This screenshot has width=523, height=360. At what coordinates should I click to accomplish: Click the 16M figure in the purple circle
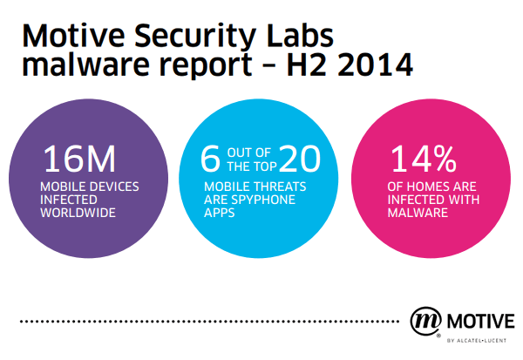click(x=80, y=160)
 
